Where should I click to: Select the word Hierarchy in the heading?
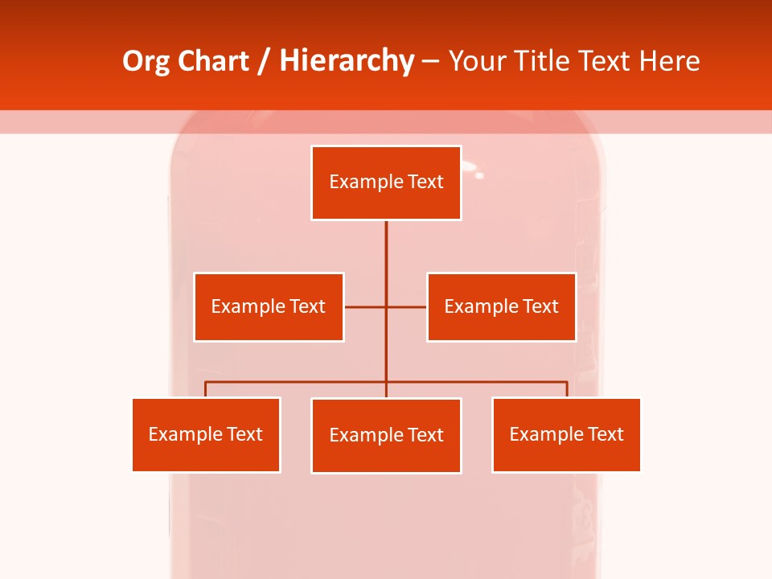pos(346,61)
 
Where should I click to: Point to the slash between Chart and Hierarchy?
pos(264,61)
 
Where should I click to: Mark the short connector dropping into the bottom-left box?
pos(206,389)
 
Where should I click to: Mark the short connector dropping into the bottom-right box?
pos(567,389)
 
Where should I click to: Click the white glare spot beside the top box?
pos(479,175)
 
